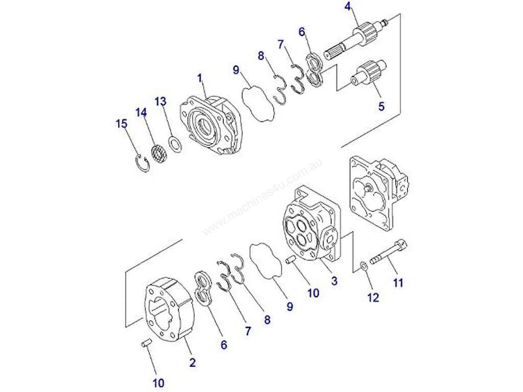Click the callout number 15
(x=122, y=124)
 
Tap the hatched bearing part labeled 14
(x=159, y=154)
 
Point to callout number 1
(x=200, y=79)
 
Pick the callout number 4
(x=348, y=7)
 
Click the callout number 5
(x=381, y=106)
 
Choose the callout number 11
(x=398, y=283)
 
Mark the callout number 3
(x=334, y=281)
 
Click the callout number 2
(x=193, y=362)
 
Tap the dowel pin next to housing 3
(x=291, y=259)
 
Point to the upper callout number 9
(x=236, y=70)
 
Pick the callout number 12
(x=373, y=298)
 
